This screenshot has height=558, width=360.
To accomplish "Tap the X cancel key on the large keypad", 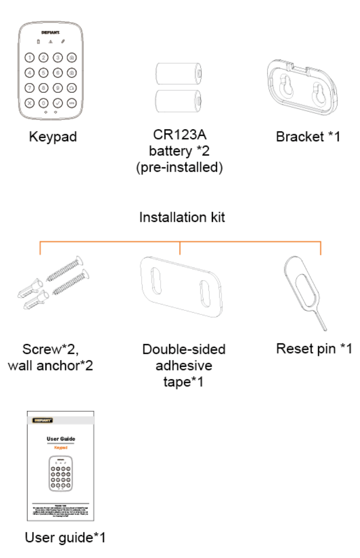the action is tap(29, 102).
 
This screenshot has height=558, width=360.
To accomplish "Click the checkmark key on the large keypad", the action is tap(57, 102).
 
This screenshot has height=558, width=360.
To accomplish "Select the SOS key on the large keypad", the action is tap(72, 102).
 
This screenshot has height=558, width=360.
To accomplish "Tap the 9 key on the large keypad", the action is tap(57, 88).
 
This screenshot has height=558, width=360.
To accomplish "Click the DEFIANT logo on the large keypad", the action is tap(51, 33).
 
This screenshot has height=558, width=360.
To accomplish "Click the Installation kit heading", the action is tap(182, 217).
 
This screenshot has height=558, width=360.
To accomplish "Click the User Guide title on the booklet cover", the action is tap(61, 438).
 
